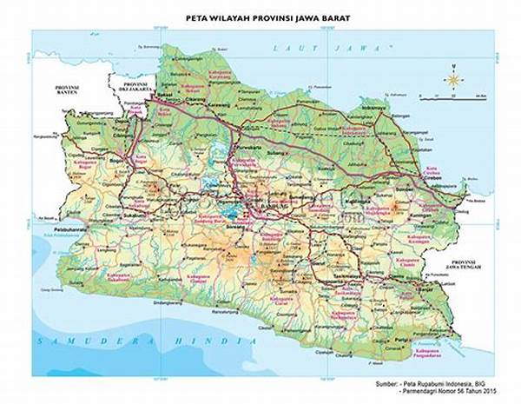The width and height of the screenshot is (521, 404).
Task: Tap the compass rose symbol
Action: (453, 80)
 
